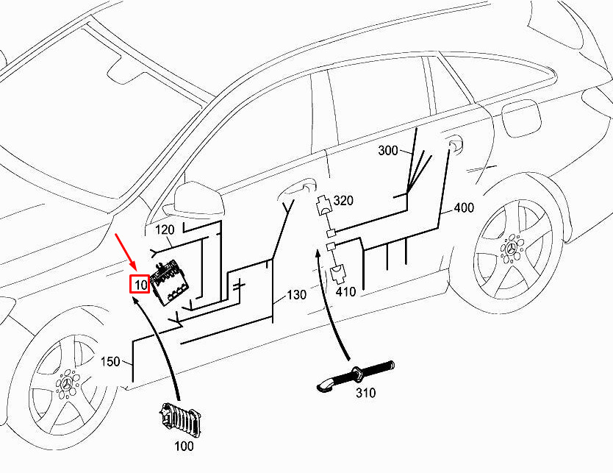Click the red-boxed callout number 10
pyautogui.click(x=140, y=284)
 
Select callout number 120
pyautogui.click(x=165, y=230)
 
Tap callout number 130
pyautogui.click(x=297, y=294)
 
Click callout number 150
pyautogui.click(x=110, y=361)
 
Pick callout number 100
pyautogui.click(x=184, y=446)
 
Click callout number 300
pyautogui.click(x=388, y=150)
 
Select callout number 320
pyautogui.click(x=343, y=201)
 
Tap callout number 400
pyautogui.click(x=464, y=207)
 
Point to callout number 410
pyautogui.click(x=345, y=291)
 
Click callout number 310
pyautogui.click(x=365, y=392)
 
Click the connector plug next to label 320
pyautogui.click(x=323, y=205)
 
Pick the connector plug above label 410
pyautogui.click(x=337, y=274)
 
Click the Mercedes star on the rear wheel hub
pyautogui.click(x=512, y=249)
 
